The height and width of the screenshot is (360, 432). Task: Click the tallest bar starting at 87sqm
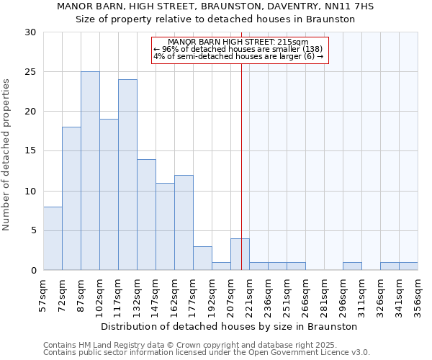pyautogui.click(x=90, y=171)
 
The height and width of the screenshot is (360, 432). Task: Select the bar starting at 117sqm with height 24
pyautogui.click(x=127, y=175)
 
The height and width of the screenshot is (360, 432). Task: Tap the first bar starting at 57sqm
pyautogui.click(x=53, y=238)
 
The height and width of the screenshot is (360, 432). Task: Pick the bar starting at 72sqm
pyautogui.click(x=71, y=199)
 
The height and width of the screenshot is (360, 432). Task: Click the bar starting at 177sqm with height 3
pyautogui.click(x=202, y=258)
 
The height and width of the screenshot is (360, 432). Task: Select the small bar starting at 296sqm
pyautogui.click(x=352, y=266)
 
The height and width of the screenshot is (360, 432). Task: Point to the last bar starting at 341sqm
pyautogui.click(x=408, y=266)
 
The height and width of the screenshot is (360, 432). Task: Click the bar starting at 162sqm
pyautogui.click(x=184, y=222)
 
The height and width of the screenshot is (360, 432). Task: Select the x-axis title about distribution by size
pyautogui.click(x=230, y=326)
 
